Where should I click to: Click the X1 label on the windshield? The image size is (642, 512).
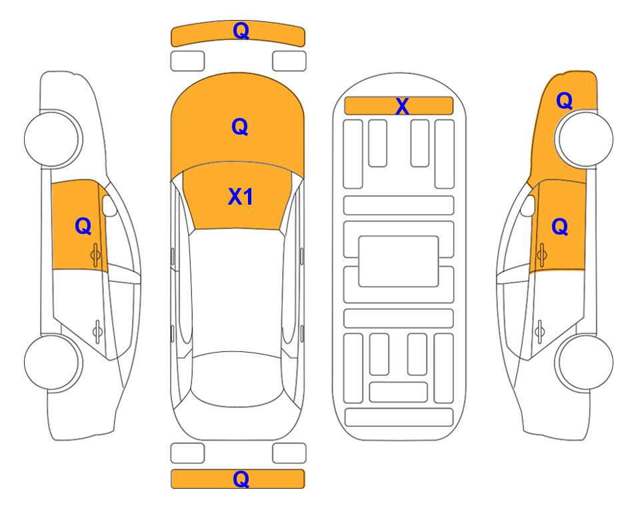pos(241,197)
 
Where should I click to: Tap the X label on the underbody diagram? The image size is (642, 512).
pos(402,107)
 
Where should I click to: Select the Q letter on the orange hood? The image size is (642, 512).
pos(240,127)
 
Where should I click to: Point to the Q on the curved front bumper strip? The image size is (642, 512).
pos(241,31)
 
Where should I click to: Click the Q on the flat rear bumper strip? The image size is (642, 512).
pos(241,479)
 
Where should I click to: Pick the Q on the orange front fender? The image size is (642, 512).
pos(564,101)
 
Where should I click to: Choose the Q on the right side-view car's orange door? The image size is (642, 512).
pos(560,227)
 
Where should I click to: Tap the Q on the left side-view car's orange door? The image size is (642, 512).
pos(83,226)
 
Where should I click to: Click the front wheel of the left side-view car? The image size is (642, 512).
pos(53,139)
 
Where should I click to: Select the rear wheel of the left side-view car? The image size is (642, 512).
pos(52,362)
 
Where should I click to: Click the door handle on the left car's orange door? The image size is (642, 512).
pos(96,255)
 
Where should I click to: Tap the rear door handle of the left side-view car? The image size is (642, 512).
pos(97,331)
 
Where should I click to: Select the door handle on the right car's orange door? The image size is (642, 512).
pos(542,255)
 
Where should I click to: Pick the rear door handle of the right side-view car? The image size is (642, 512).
pos(540,331)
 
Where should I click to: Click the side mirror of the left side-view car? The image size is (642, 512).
pos(109,205)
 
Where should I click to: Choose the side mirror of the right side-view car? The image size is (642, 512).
pos(528,205)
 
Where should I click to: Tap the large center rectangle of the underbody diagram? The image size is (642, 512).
pos(399,261)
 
